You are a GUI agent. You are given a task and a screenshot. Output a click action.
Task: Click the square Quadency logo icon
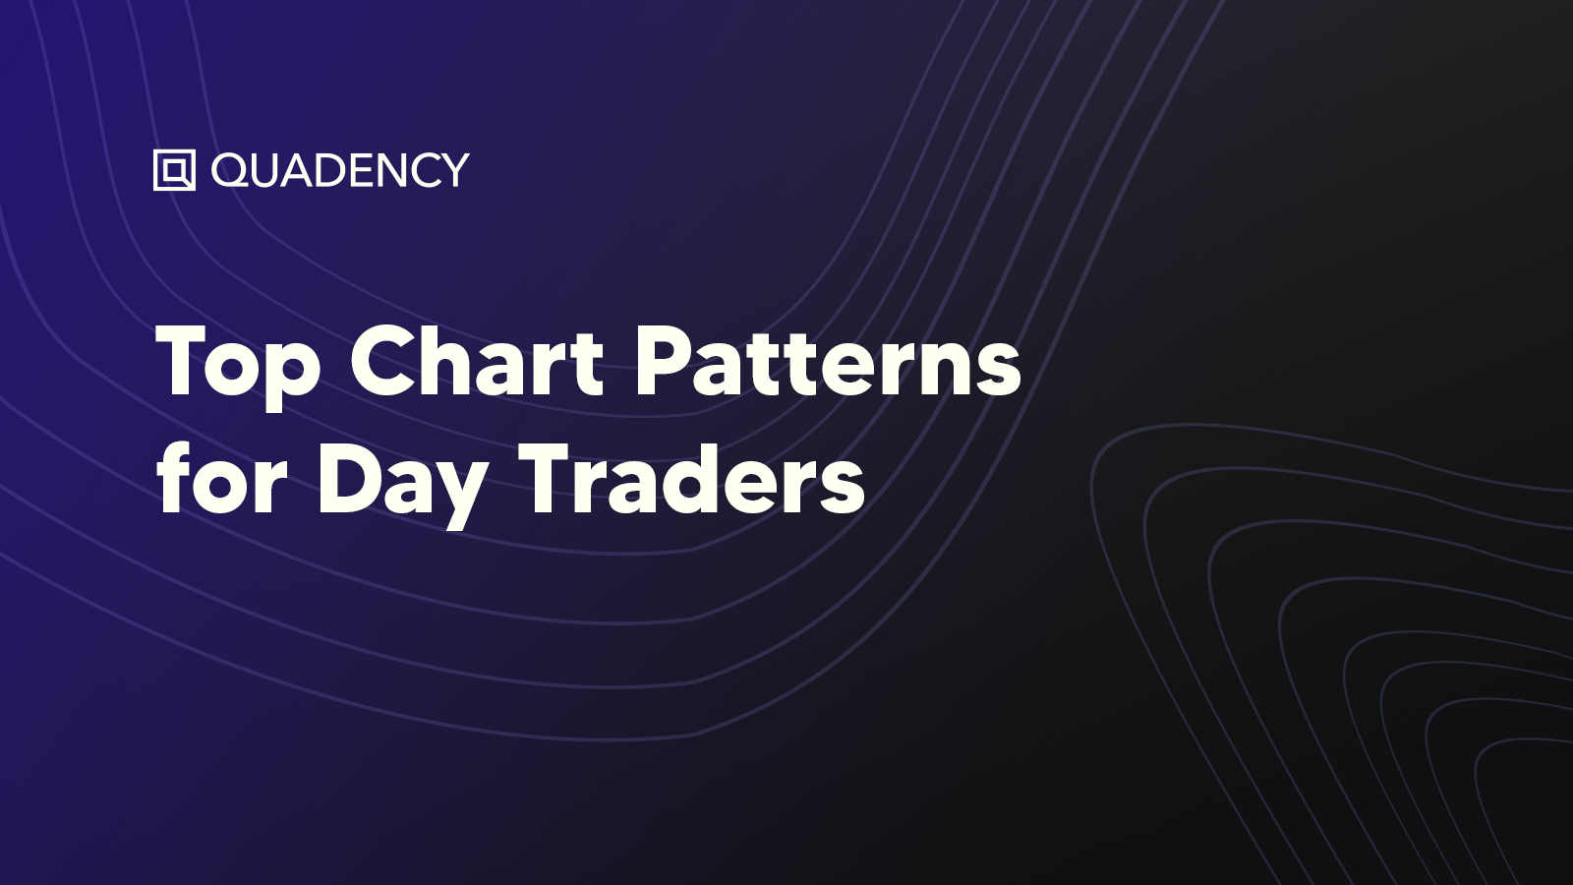(x=174, y=170)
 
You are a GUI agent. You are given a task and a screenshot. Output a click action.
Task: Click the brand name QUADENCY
(x=340, y=170)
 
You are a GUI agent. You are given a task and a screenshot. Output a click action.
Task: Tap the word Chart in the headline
(x=477, y=361)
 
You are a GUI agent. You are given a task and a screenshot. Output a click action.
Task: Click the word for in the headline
(x=222, y=479)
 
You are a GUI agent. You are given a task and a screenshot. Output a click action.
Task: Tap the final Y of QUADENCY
(x=452, y=170)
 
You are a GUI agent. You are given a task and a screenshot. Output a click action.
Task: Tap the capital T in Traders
(x=548, y=479)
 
